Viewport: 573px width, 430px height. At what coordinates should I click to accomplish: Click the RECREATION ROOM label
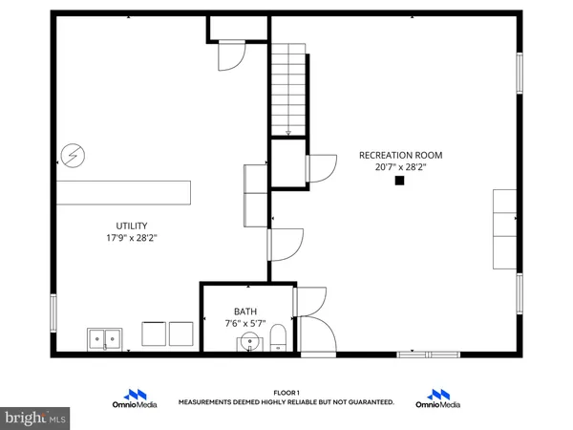tap(400, 155)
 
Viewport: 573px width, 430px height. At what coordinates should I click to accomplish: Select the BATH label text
tap(245, 311)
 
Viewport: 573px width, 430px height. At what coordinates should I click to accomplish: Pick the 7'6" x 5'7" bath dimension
tap(245, 323)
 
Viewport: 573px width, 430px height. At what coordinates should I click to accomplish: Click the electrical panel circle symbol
tap(71, 154)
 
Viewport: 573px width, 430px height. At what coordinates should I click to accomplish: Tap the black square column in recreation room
tap(399, 181)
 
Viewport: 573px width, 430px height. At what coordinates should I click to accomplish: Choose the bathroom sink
tap(249, 342)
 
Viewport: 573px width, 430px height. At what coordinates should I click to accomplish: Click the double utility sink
tap(105, 337)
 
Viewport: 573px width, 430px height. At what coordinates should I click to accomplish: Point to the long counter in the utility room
tap(123, 191)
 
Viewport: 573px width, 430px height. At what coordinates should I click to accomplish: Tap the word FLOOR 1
tap(286, 393)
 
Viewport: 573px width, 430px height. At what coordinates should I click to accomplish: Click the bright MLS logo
tap(34, 418)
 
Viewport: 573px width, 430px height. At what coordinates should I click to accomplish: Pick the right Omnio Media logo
tap(438, 398)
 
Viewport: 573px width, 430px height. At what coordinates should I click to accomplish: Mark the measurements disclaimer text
tap(286, 403)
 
